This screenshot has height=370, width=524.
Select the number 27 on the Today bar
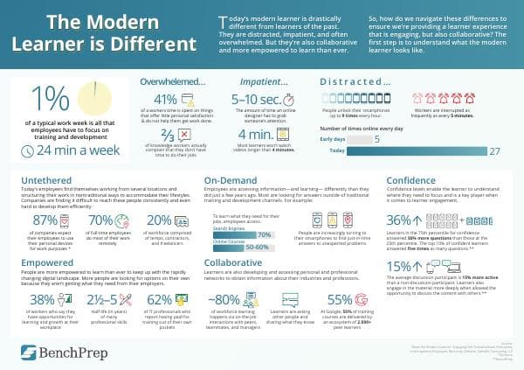click(x=494, y=151)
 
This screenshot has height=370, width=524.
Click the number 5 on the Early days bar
click(x=376, y=138)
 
